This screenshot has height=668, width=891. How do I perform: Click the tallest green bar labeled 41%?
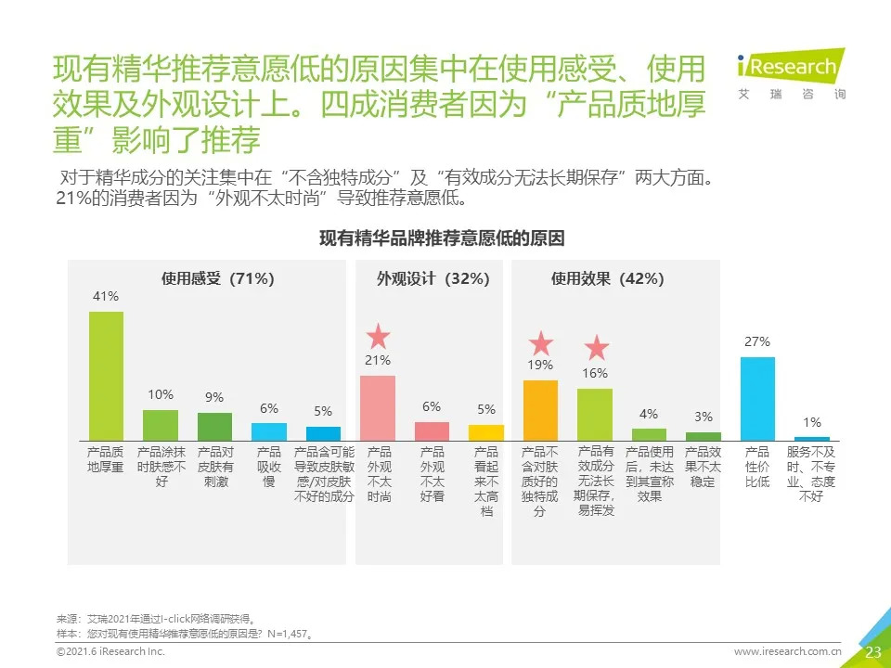[106, 375]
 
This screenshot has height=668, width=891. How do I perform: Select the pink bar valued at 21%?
[378, 407]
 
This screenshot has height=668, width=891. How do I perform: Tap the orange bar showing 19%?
[540, 409]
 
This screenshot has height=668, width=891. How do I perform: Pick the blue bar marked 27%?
[757, 398]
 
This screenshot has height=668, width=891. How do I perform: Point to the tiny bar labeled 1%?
[812, 438]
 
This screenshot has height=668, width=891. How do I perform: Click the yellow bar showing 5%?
[486, 432]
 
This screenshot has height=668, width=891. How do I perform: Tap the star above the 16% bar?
[596, 349]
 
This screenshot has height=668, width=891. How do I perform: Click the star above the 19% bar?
[540, 344]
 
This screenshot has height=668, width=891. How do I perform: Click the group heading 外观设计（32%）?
[433, 278]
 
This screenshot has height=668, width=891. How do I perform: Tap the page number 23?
[872, 651]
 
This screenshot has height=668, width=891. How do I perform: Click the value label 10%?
[160, 394]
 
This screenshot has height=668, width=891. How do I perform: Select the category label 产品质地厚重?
[105, 459]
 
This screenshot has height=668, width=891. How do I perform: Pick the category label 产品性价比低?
[757, 467]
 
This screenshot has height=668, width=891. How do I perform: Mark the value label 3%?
[704, 417]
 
